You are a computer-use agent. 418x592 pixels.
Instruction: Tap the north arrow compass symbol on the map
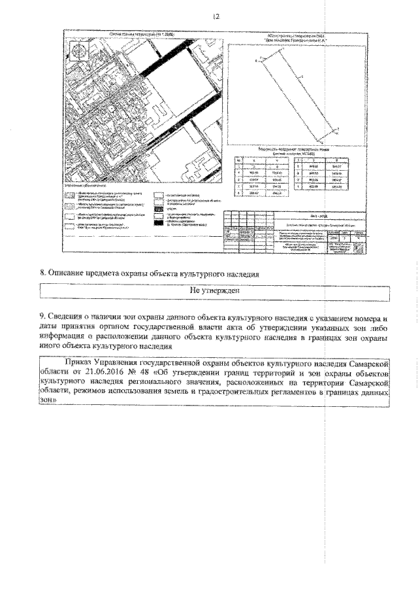click(78, 51)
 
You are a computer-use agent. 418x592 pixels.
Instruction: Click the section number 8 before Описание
click(44, 274)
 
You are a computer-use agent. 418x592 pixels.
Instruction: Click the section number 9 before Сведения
click(44, 319)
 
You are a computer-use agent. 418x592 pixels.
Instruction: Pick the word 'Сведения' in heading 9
click(72, 319)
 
